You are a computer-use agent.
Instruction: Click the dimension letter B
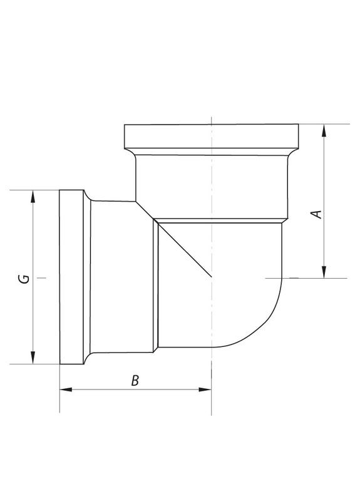point(135,381)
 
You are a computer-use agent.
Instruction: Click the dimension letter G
point(24,279)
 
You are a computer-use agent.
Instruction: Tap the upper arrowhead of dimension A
point(324,130)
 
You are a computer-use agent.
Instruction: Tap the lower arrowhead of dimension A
point(324,272)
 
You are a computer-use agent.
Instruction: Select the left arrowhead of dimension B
point(66,390)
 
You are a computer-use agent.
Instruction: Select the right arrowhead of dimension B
point(205,390)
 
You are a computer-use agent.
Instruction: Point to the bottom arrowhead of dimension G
point(33,358)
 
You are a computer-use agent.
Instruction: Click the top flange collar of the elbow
point(211,136)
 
